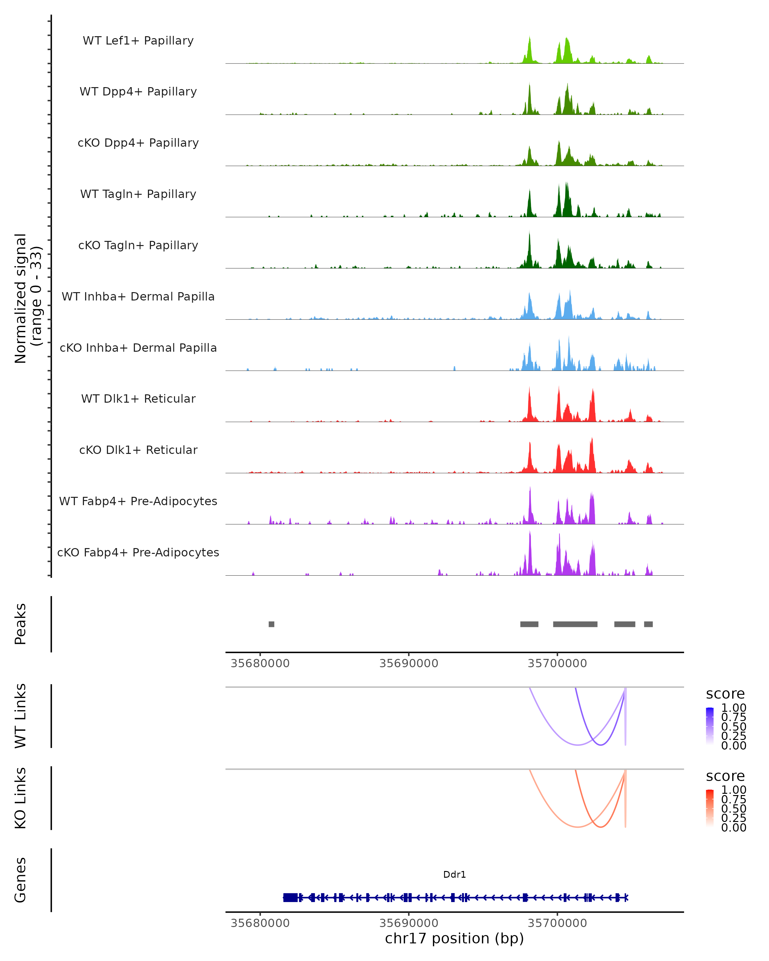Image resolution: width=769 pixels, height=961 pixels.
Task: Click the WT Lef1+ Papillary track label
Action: [138, 41]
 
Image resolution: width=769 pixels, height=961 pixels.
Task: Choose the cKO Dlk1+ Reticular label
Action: [138, 450]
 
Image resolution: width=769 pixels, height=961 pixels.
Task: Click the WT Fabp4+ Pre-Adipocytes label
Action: [138, 501]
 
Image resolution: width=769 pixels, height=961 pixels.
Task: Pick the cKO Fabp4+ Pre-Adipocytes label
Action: [138, 552]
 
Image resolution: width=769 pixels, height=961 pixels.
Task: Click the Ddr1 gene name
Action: [454, 875]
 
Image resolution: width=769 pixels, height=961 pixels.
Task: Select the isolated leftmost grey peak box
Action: [271, 624]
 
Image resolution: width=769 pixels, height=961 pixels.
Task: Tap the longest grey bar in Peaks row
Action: [575, 624]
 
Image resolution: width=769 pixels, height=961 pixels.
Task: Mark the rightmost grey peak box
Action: [648, 624]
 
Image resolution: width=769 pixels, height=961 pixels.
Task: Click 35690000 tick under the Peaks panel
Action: [409, 663]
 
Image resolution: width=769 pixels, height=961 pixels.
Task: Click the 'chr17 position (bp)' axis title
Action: [454, 938]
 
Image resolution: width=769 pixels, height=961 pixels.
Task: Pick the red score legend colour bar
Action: [710, 808]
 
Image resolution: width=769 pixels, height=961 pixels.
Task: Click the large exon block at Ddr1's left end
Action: [290, 898]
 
